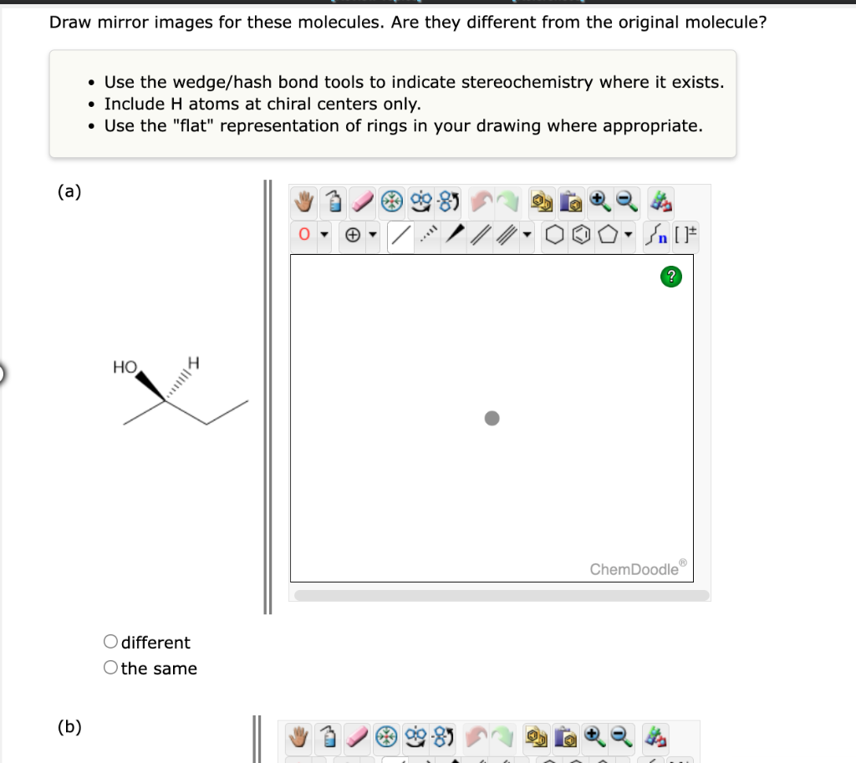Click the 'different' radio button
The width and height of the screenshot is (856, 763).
pyautogui.click(x=111, y=642)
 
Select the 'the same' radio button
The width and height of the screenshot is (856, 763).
pyautogui.click(x=111, y=668)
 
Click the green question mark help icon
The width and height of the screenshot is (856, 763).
pyautogui.click(x=670, y=277)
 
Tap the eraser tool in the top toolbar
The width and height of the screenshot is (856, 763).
pyautogui.click(x=362, y=201)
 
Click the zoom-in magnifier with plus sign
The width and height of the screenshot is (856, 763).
pyautogui.click(x=600, y=201)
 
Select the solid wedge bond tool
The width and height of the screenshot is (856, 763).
pyautogui.click(x=456, y=236)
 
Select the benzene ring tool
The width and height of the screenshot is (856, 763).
pyautogui.click(x=583, y=236)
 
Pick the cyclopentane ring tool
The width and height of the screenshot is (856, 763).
pyautogui.click(x=609, y=236)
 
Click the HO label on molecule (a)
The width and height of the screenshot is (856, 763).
pyautogui.click(x=125, y=367)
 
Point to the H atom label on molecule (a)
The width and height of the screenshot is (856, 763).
pyautogui.click(x=195, y=363)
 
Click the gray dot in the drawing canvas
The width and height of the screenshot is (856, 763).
pyautogui.click(x=492, y=417)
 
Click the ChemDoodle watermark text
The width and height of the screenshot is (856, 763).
pyautogui.click(x=634, y=569)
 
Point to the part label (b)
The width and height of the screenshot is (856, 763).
pyautogui.click(x=69, y=726)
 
